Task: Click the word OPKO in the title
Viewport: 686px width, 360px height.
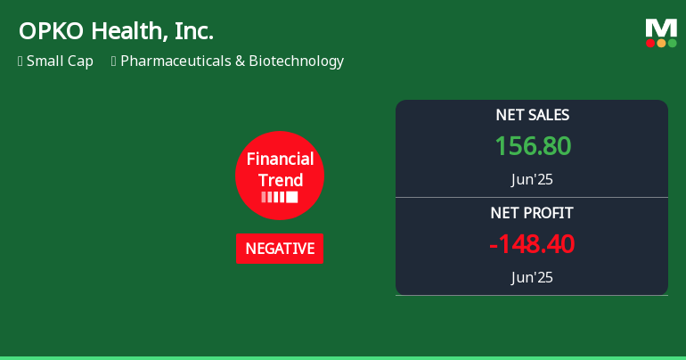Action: pos(51,31)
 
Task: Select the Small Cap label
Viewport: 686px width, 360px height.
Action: pos(60,61)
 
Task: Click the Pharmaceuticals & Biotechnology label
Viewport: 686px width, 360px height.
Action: pos(232,61)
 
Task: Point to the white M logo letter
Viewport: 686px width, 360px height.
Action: pos(661,29)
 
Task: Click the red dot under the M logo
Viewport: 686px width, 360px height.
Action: pos(650,43)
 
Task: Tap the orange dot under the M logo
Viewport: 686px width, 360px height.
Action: pos(661,43)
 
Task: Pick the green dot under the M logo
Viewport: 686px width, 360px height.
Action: pos(673,43)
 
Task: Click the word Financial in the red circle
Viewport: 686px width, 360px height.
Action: pos(280,159)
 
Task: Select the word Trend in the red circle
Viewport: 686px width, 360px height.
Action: pos(281,180)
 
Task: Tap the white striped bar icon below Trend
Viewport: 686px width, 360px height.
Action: pos(280,197)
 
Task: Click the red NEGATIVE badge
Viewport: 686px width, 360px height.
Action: pos(280,249)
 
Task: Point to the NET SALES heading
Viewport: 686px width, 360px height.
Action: pos(533,115)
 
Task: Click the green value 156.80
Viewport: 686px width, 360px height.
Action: pos(533,145)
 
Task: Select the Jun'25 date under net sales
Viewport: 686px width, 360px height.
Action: pos(532,179)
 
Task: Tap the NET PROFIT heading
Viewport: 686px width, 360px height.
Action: pos(532,213)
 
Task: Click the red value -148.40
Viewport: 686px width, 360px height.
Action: pos(532,243)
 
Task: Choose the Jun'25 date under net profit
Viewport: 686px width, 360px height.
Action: pos(532,277)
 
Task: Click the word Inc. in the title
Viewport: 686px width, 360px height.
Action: pos(194,31)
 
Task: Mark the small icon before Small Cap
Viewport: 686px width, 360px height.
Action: pos(20,61)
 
